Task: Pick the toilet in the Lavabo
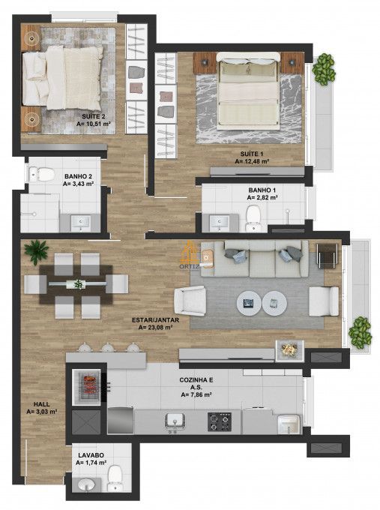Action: click(x=115, y=477)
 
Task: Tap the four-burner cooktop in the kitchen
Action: click(x=219, y=421)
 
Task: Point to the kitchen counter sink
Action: click(x=175, y=421)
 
